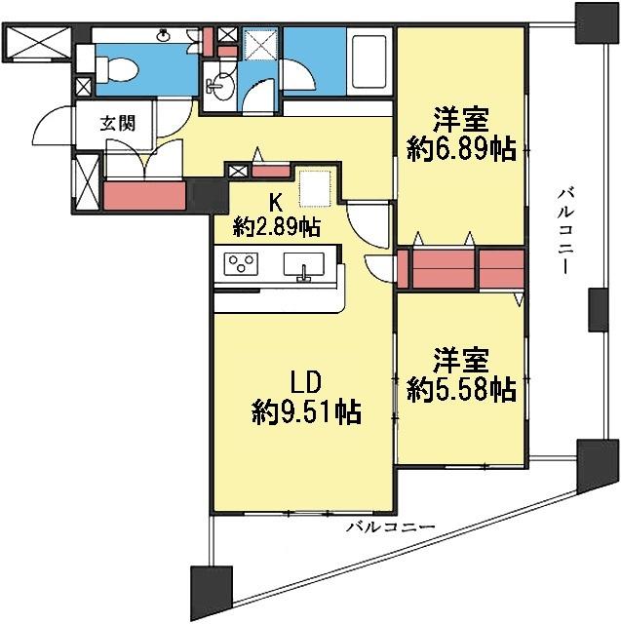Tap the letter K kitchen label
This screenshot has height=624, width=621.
[x=276, y=204]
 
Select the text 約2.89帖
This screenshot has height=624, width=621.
[x=276, y=227]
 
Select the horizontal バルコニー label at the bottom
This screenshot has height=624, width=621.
[x=388, y=527]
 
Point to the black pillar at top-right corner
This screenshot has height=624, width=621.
[x=594, y=21]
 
